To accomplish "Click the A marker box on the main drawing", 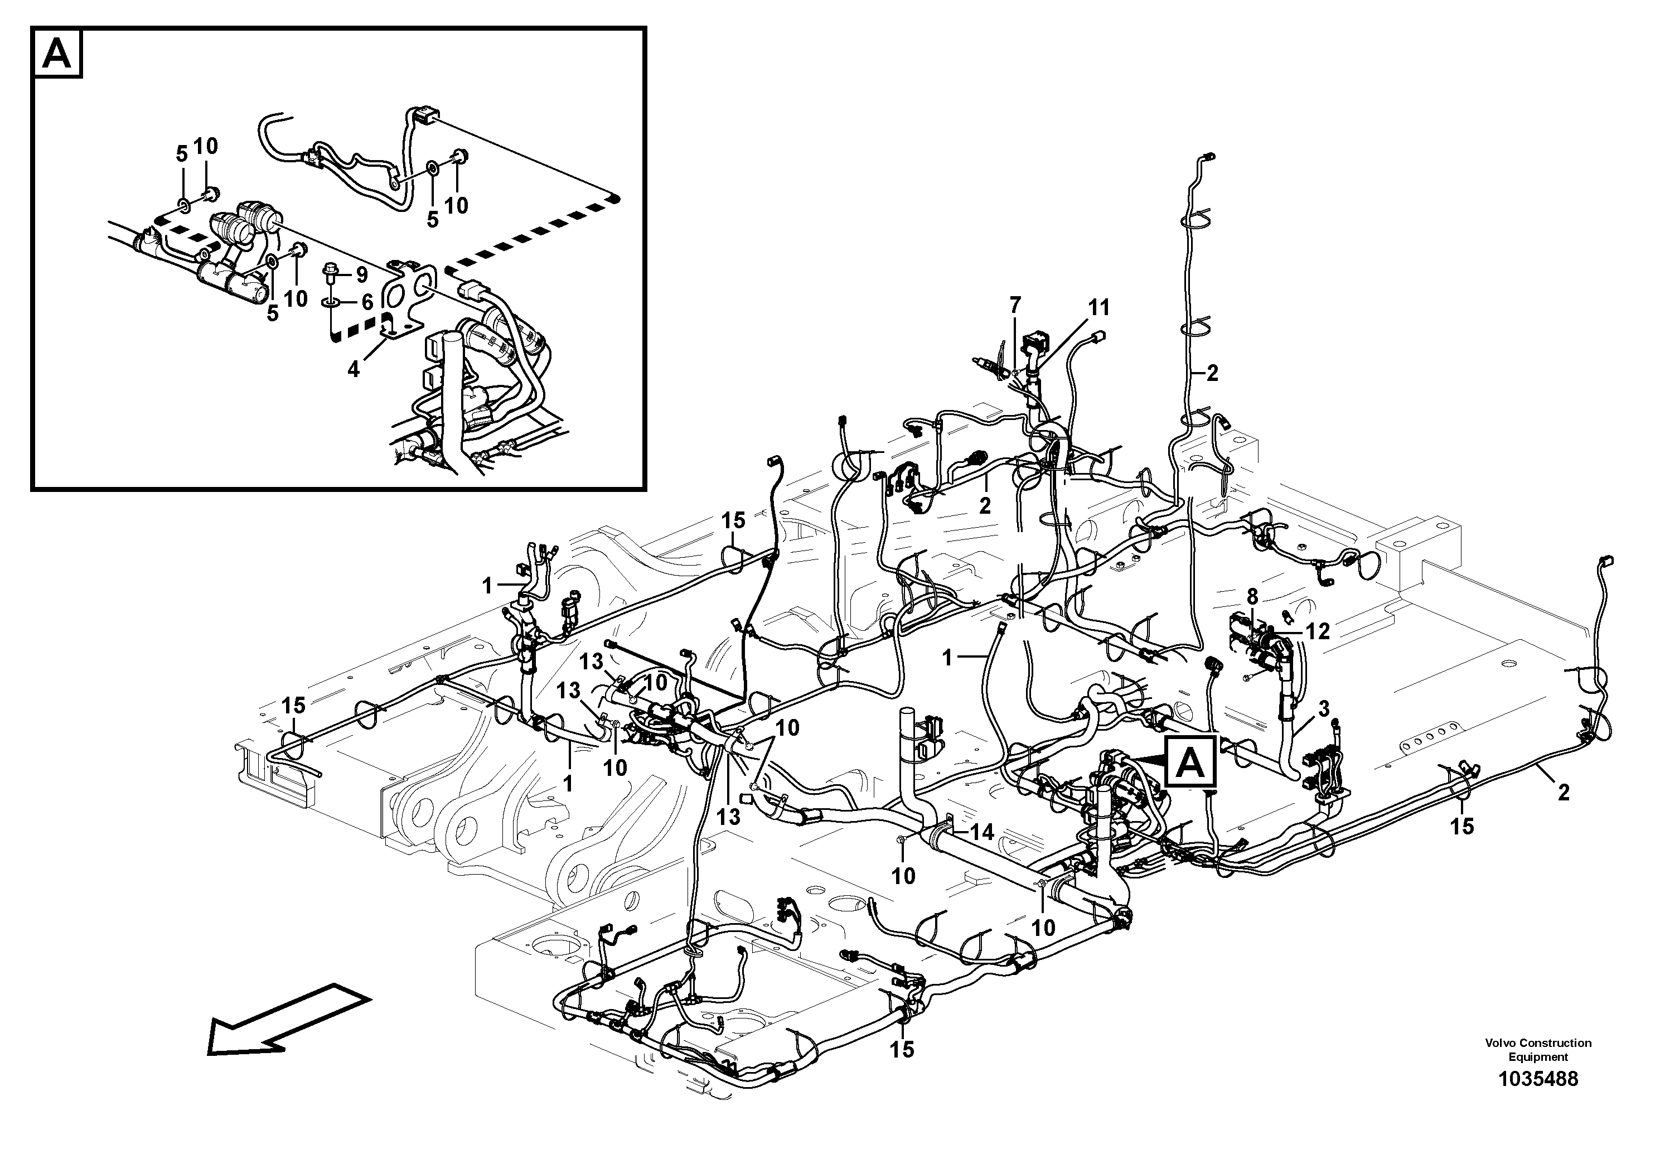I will [x=1191, y=763].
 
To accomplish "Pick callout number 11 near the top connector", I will [x=1098, y=308].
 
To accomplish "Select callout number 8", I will [x=1252, y=597].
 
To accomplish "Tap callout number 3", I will [x=1324, y=709].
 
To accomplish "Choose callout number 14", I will [x=982, y=832].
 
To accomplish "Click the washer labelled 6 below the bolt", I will [x=331, y=301].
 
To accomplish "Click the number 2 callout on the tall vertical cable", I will [x=1212, y=373].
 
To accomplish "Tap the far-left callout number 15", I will [x=293, y=705].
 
